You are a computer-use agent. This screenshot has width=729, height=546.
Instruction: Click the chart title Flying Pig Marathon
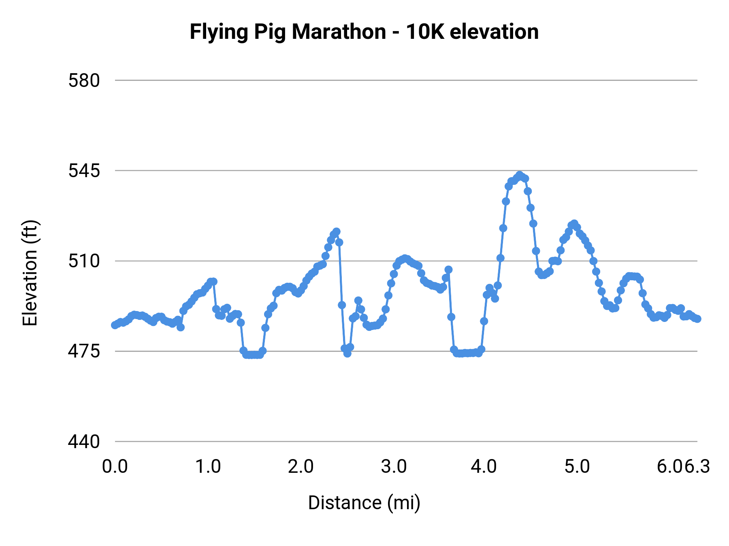click(x=288, y=32)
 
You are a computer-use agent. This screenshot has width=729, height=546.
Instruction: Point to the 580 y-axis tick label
click(x=84, y=80)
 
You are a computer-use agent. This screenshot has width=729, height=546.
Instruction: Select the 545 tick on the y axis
click(x=84, y=171)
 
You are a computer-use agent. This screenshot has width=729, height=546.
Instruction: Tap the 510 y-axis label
click(x=84, y=261)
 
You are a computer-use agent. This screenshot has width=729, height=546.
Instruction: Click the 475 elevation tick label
click(x=84, y=351)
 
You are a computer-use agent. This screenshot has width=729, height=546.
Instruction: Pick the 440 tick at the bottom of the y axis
click(x=84, y=441)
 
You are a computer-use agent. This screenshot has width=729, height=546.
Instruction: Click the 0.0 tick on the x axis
click(x=115, y=467)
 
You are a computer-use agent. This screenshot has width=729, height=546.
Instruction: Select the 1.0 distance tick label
click(x=208, y=467)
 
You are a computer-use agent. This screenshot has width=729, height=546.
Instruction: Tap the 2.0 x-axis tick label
click(x=301, y=467)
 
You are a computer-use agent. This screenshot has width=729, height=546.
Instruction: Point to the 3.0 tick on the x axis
click(x=394, y=467)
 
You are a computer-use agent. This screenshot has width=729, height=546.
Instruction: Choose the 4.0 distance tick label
click(x=484, y=467)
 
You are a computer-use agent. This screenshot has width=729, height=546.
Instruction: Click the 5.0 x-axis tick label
click(x=577, y=467)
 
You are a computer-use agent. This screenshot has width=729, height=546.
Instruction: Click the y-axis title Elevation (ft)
click(x=30, y=273)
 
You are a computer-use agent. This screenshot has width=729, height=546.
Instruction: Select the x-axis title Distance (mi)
click(x=364, y=503)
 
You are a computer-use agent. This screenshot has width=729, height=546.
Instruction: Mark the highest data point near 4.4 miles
click(x=520, y=175)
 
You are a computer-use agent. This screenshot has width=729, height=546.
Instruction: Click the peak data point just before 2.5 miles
click(x=336, y=232)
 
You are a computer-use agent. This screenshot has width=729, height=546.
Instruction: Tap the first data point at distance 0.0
click(x=115, y=325)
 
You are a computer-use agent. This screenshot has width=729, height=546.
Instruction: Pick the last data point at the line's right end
click(x=697, y=319)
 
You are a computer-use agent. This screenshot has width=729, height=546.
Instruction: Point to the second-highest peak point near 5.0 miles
click(x=574, y=224)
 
